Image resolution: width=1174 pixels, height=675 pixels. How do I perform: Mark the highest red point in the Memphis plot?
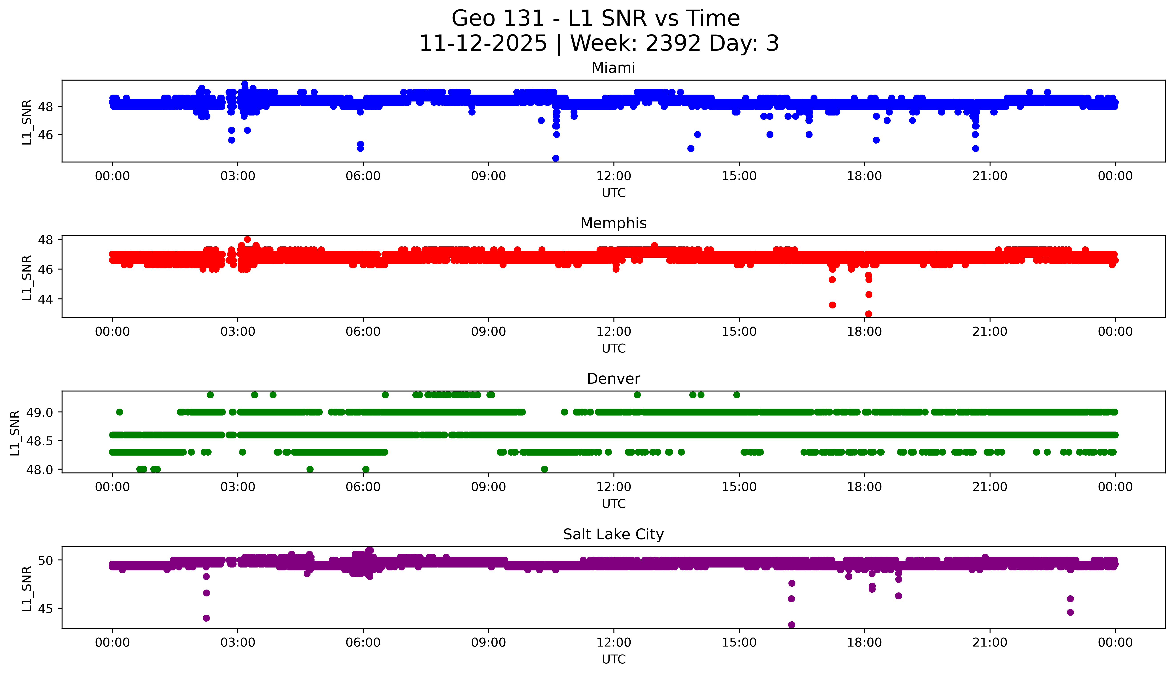[247, 239]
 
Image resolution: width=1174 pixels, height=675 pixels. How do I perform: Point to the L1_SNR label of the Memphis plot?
[27, 277]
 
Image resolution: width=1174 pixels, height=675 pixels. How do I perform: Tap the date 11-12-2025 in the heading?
[483, 44]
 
